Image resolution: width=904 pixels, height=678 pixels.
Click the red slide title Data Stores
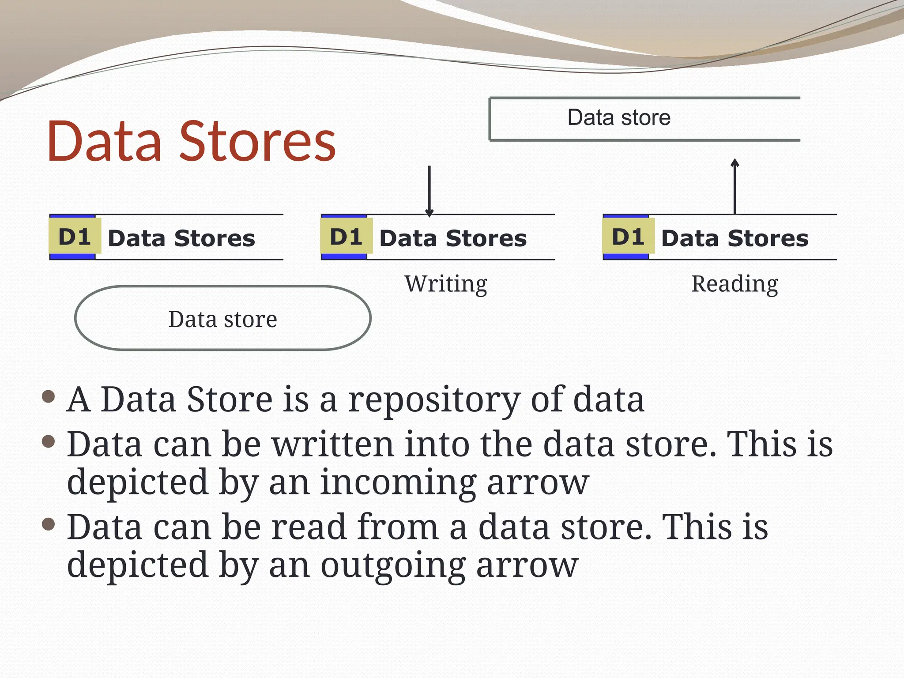pyautogui.click(x=191, y=141)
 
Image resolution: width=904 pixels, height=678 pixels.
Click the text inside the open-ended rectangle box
pyautogui.click(x=619, y=118)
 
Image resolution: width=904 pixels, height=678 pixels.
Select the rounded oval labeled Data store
pyautogui.click(x=223, y=318)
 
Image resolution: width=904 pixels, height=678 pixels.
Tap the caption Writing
pyautogui.click(x=446, y=284)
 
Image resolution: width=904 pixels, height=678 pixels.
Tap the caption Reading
pyautogui.click(x=734, y=284)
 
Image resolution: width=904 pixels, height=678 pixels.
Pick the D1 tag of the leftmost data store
pyautogui.click(x=75, y=237)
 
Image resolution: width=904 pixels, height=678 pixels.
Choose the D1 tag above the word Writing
pyautogui.click(x=346, y=237)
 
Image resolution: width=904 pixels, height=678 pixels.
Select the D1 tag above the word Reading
pyautogui.click(x=628, y=237)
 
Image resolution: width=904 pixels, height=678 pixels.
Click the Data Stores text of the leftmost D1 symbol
pyautogui.click(x=181, y=238)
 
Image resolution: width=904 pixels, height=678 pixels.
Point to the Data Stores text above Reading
pyautogui.click(x=734, y=238)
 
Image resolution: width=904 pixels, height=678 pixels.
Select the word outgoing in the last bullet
pyautogui.click(x=392, y=565)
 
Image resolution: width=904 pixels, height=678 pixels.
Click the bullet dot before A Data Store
pyautogui.click(x=48, y=396)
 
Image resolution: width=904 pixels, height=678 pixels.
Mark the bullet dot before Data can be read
pyautogui.click(x=48, y=524)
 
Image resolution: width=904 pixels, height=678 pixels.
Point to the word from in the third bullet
pyautogui.click(x=398, y=527)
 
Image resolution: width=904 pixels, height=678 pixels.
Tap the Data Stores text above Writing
pyautogui.click(x=453, y=238)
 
